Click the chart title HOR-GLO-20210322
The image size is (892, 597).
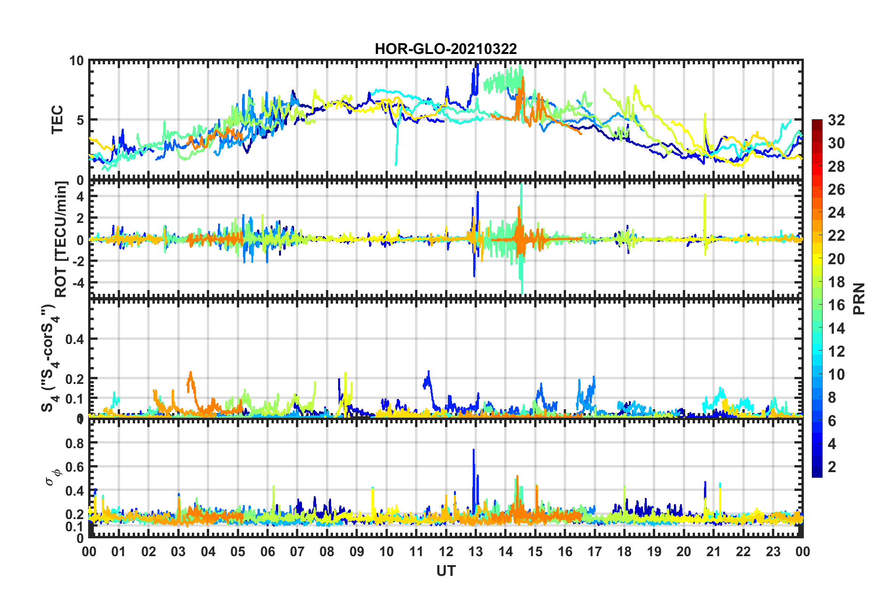[446, 49]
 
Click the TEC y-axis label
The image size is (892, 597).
[57, 120]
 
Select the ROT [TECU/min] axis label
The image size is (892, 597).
[61, 239]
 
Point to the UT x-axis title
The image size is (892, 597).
[446, 571]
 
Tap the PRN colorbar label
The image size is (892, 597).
[859, 298]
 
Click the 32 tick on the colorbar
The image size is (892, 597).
[836, 120]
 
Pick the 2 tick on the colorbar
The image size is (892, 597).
[832, 467]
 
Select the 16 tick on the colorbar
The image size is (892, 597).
[836, 305]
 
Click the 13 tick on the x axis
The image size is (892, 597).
[476, 551]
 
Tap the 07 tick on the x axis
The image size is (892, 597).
[297, 551]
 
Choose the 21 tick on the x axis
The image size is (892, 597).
[713, 551]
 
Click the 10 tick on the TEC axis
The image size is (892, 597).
[76, 61]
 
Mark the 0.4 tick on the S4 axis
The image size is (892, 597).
[75, 339]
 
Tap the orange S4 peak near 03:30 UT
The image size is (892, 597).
[190, 374]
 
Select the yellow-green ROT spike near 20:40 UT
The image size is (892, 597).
[704, 196]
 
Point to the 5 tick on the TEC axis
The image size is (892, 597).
[80, 120]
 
